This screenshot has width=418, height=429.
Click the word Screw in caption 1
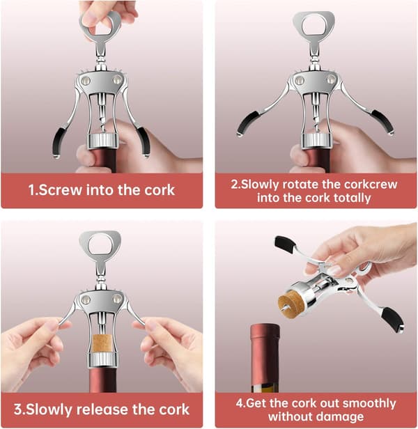coord(60,189)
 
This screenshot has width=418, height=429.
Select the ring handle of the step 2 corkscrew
coord(313,24)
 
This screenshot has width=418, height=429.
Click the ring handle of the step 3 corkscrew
coord(100,243)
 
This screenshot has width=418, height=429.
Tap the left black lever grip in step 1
coord(59,141)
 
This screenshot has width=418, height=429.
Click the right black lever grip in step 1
coord(144,141)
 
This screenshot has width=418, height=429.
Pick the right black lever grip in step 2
coord(382,121)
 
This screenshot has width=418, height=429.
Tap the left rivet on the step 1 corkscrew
coord(86,81)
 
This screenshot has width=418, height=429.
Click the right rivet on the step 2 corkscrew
coord(331,79)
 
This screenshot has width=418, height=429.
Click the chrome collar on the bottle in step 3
coord(102,359)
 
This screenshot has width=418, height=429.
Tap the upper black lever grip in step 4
coord(285,244)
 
